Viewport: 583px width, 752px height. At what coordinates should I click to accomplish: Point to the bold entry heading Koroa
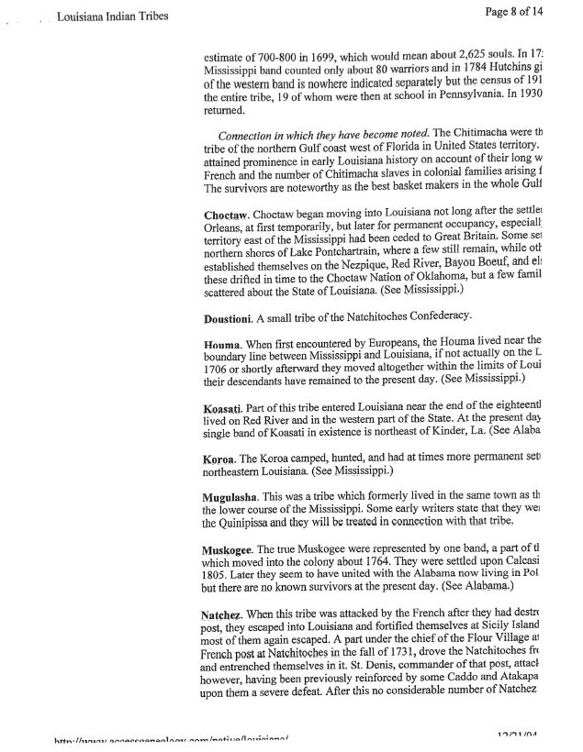click(x=222, y=457)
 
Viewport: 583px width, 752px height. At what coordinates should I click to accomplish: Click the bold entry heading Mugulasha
click(x=236, y=495)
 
